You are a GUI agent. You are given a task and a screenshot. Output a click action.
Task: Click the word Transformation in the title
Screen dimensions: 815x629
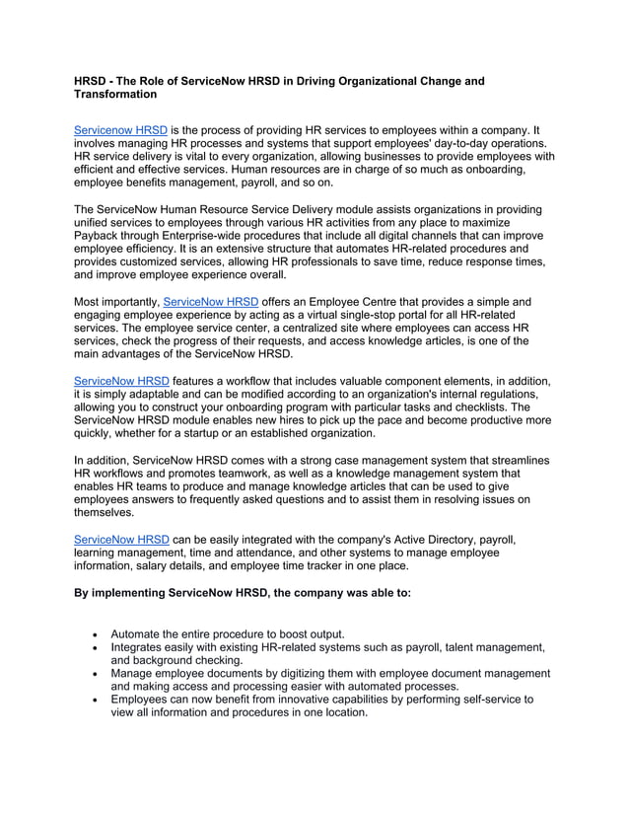[x=116, y=95]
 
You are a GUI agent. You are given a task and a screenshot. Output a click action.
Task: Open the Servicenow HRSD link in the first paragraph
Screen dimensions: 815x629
[x=120, y=130]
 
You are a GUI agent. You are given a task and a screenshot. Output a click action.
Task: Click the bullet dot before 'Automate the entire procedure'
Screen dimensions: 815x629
[x=94, y=633]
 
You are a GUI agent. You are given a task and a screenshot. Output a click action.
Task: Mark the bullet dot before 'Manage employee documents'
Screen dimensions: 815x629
[x=94, y=674]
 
